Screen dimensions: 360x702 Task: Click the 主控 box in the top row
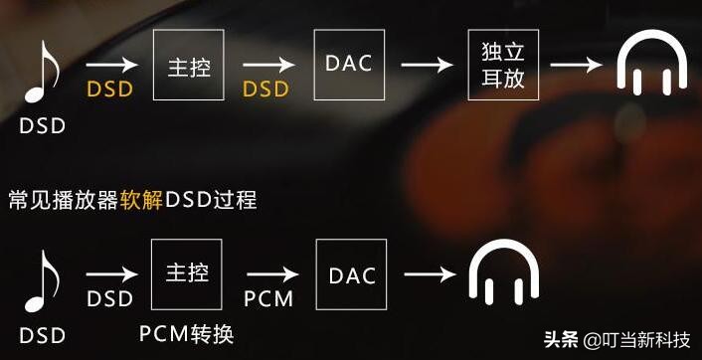pos(189,64)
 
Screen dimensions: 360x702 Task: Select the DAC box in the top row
pos(348,64)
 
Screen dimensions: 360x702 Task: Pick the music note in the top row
pos(43,75)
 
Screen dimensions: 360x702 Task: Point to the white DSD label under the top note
pos(43,126)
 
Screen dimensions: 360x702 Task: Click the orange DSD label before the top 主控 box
pos(109,89)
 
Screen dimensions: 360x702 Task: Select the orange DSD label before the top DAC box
pos(265,89)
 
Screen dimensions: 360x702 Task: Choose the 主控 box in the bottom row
pos(189,273)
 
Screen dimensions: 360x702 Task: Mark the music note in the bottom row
pos(43,282)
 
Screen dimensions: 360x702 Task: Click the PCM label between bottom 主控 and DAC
pos(268,298)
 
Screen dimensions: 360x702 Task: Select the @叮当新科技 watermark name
pos(637,339)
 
